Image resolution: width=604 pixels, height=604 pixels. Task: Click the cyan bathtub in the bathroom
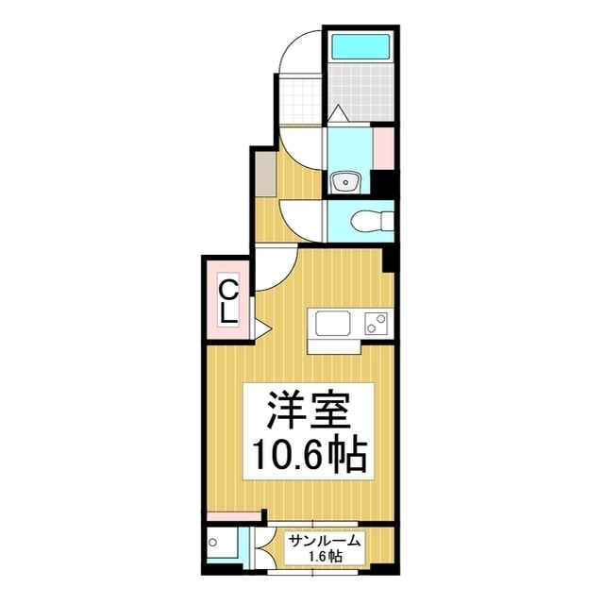pos(360,46)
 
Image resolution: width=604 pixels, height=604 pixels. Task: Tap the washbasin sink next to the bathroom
pos(345,180)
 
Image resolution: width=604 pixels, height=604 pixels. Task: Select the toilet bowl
pos(370,221)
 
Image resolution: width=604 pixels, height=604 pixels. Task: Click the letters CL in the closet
pos(229,299)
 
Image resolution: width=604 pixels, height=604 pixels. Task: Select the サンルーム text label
pos(324,541)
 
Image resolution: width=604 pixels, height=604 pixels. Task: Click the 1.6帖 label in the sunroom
pos(325,557)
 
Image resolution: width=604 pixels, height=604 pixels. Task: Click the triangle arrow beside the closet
pos(260,329)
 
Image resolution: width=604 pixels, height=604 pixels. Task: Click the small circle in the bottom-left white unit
pos(216,544)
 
